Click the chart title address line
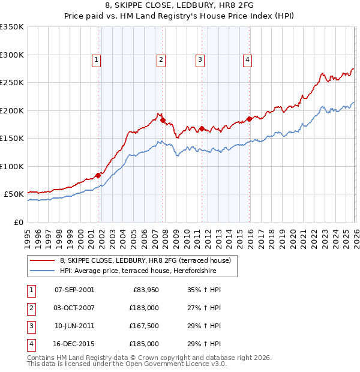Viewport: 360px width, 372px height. pyautogui.click(x=180, y=7)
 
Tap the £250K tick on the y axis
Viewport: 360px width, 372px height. pyautogui.click(x=12, y=83)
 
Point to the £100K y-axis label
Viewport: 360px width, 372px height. pyautogui.click(x=12, y=166)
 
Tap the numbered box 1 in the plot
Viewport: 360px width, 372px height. pyautogui.click(x=97, y=59)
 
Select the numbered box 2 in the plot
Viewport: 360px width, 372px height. pyautogui.click(x=161, y=59)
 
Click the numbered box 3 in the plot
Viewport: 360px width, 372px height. pyautogui.click(x=200, y=59)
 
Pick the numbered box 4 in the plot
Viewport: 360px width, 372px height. pyautogui.click(x=247, y=59)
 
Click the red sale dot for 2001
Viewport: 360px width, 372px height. pyautogui.click(x=98, y=175)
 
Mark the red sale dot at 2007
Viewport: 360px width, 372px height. pyautogui.click(x=163, y=121)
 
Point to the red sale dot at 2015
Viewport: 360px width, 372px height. pyautogui.click(x=249, y=119)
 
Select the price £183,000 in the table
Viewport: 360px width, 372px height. pyautogui.click(x=144, y=308)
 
